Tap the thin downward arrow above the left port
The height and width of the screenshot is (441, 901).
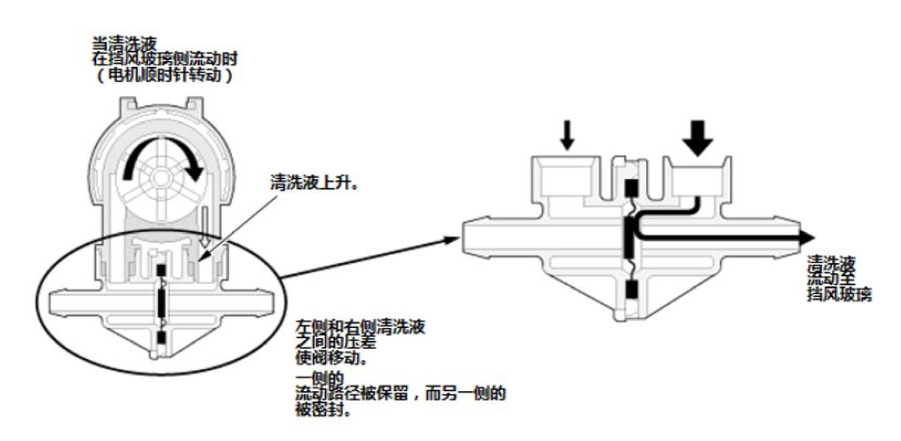[566, 137]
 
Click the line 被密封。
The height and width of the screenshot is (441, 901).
[319, 414]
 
